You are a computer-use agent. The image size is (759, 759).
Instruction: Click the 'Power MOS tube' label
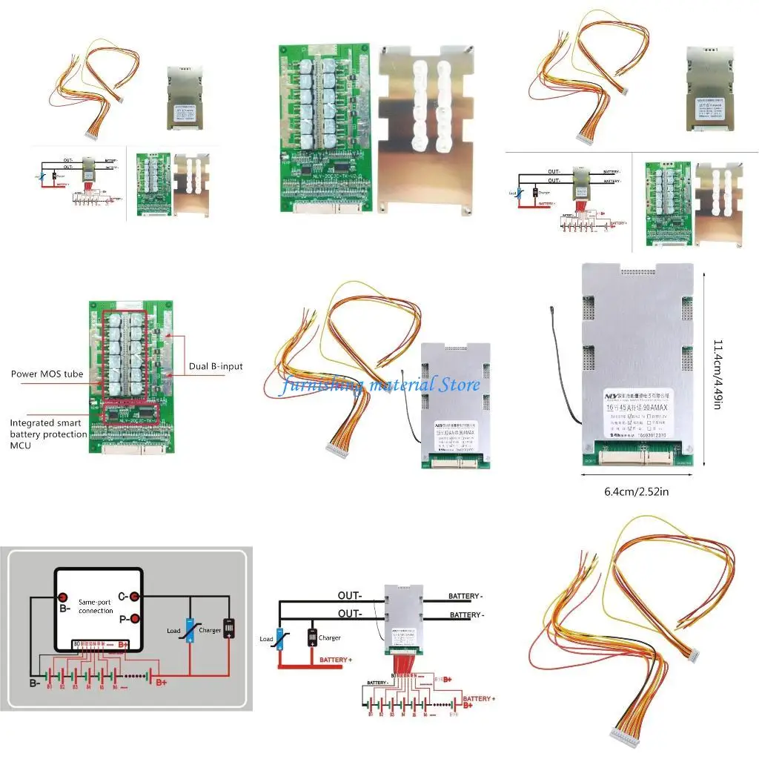pos(47,374)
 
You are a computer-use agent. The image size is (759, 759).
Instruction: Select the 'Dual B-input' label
pos(216,366)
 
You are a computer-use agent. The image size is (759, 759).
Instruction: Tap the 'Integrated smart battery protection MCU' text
pos(48,434)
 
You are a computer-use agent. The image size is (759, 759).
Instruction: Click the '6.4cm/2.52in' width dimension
pos(636,491)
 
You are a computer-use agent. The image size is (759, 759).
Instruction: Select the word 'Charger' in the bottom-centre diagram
pos(330,637)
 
